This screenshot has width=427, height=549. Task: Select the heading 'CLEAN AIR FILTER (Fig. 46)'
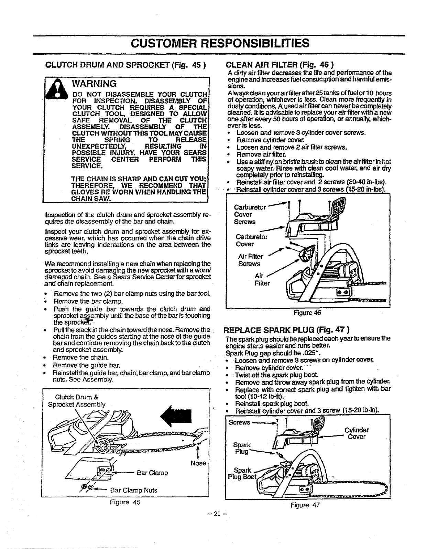(280, 65)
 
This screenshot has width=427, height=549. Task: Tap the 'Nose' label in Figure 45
(198, 463)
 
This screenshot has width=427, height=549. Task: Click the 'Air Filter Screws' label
(250, 260)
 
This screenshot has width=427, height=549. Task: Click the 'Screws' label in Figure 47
(240, 422)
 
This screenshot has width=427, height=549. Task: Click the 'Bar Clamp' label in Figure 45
(152, 473)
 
